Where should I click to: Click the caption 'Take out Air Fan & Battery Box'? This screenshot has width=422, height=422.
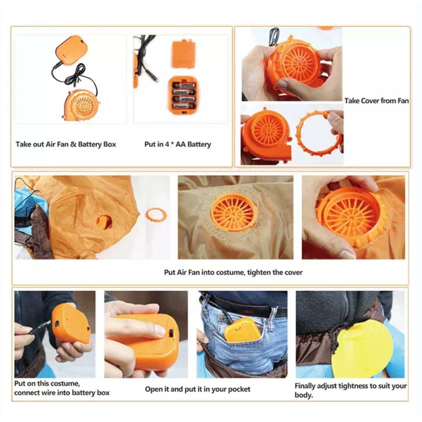(x=66, y=144)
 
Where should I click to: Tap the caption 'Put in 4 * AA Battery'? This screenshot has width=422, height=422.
(x=178, y=144)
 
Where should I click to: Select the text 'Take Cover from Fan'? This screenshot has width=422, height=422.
(x=377, y=101)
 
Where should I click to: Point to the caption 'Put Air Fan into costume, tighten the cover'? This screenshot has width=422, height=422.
(x=233, y=272)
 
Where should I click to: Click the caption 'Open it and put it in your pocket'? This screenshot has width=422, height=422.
(x=197, y=389)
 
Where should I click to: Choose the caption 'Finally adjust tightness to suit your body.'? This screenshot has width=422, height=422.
(x=350, y=390)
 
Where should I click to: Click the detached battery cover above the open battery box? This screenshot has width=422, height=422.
(x=183, y=54)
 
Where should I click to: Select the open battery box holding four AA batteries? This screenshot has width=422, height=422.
(x=183, y=95)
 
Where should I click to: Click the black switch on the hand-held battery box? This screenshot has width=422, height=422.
(x=171, y=333)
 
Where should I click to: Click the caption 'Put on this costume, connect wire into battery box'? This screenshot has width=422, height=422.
(x=62, y=388)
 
